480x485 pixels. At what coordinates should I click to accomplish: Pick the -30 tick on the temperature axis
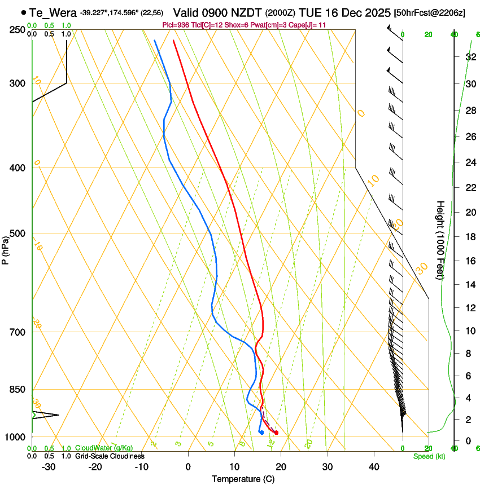49,467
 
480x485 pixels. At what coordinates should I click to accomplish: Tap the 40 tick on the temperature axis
373,467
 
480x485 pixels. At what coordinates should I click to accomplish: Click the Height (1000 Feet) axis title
440,240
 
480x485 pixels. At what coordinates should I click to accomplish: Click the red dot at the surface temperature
276,433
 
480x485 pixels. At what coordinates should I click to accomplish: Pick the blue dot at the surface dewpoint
261,433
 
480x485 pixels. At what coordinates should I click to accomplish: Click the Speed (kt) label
429,456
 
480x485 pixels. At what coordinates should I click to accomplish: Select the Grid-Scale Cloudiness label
110,456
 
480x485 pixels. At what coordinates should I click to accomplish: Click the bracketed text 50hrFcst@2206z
429,12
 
